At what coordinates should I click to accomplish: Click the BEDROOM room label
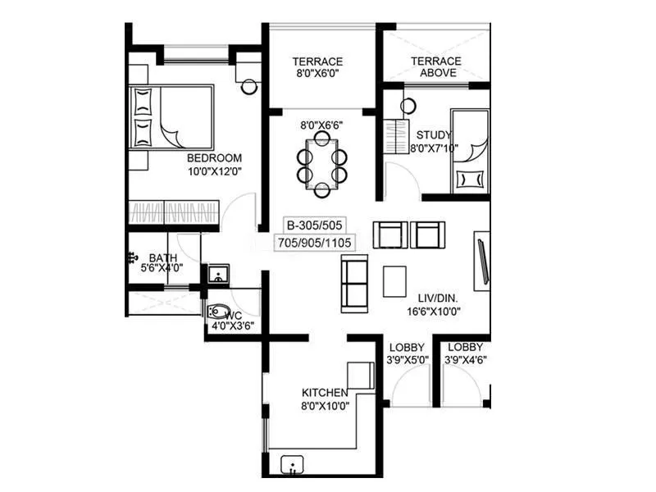tap(214, 157)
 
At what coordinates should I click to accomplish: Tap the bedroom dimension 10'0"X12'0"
tap(214, 171)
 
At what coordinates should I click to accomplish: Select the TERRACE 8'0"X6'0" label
tap(317, 67)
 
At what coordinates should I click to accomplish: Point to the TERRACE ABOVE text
tap(435, 66)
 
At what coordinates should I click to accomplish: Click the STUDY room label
tap(434, 135)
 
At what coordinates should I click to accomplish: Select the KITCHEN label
tap(326, 392)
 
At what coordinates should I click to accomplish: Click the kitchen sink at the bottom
tap(293, 465)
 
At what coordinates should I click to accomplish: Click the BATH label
tap(162, 257)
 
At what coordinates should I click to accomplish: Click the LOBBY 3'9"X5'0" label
tap(407, 353)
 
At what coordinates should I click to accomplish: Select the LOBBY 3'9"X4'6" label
tap(466, 353)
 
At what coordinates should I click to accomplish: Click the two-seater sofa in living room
tap(354, 280)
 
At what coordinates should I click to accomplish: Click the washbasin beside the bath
tap(218, 273)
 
